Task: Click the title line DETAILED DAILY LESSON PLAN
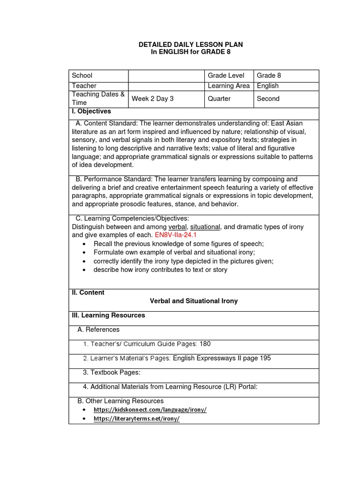(x=191, y=45)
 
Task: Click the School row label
(x=82, y=75)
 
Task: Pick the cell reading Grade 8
(x=269, y=75)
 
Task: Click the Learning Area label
(x=228, y=86)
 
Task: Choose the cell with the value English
(x=268, y=86)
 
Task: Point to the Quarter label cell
(x=219, y=98)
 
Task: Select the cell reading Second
(x=268, y=98)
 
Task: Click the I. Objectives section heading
(x=91, y=112)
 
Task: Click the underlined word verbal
(x=177, y=227)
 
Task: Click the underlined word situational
(x=205, y=227)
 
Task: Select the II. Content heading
(x=88, y=292)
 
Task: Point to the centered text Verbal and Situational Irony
(x=194, y=301)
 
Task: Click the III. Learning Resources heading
(x=108, y=315)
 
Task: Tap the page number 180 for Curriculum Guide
(x=205, y=344)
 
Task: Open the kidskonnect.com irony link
(x=150, y=410)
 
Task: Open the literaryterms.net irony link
(x=137, y=419)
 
